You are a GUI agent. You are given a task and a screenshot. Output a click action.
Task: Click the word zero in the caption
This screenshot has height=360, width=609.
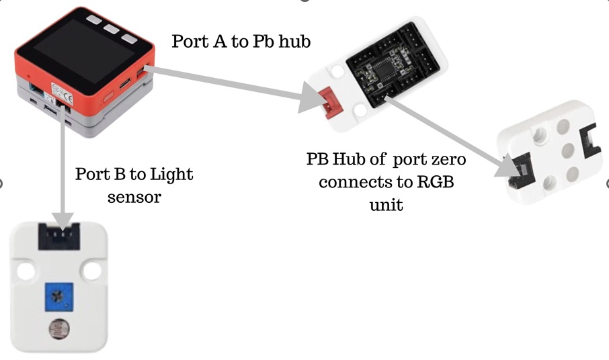444,161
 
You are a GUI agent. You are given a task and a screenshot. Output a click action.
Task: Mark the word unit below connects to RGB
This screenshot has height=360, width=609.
386,205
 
